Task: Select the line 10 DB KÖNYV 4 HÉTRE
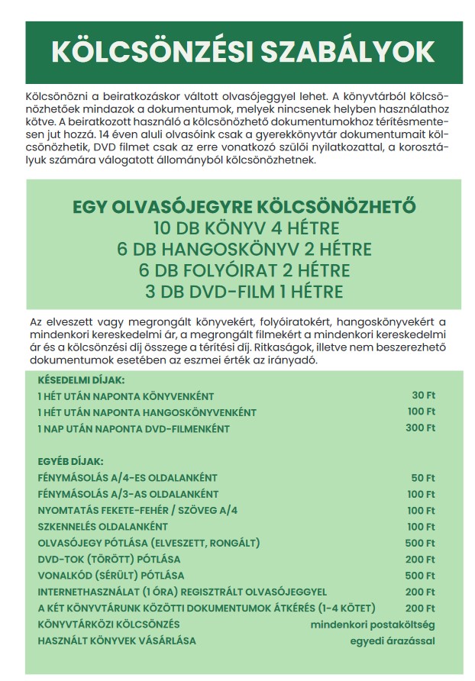tap(245, 228)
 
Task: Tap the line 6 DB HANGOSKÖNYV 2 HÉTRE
tap(245, 250)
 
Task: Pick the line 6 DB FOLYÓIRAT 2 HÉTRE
tap(245, 270)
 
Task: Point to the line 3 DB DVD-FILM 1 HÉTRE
tap(245, 292)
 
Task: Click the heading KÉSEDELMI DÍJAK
tap(81, 379)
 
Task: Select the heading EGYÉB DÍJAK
tap(70, 461)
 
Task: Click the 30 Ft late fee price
tap(423, 395)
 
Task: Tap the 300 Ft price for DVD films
tap(420, 428)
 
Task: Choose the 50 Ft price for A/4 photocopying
tap(423, 478)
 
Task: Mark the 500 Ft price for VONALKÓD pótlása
tap(420, 575)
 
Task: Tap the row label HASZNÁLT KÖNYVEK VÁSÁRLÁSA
tap(117, 640)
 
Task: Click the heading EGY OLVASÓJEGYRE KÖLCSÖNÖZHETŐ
tap(245, 208)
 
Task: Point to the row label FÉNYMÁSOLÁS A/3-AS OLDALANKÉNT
tap(128, 494)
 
